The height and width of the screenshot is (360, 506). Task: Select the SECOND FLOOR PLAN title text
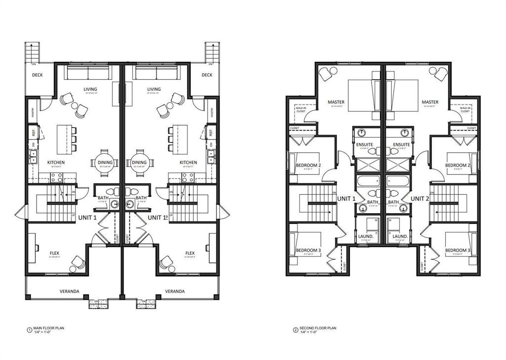point(319,328)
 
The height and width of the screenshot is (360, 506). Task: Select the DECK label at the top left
point(38,75)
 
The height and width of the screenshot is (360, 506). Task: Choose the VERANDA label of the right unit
point(175,291)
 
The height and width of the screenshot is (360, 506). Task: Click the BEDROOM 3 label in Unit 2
point(457,250)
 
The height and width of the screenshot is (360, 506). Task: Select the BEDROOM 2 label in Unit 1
point(308,165)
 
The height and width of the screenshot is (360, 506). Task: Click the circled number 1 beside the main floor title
point(29,329)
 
